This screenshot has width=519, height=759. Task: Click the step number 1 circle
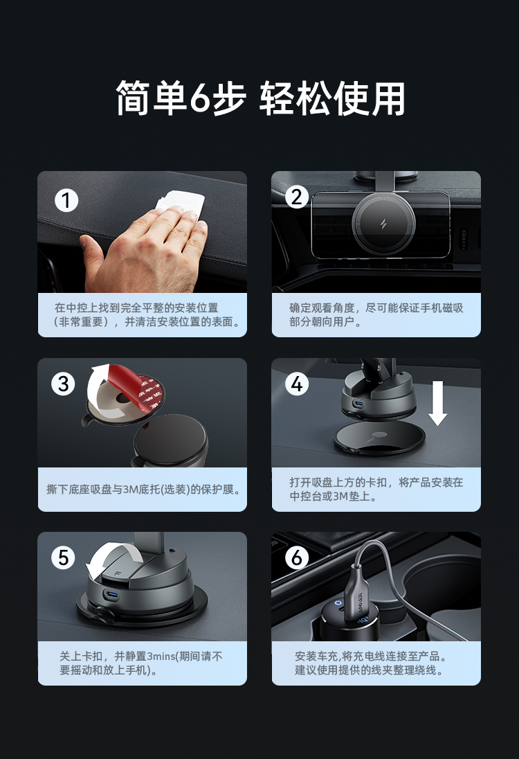[x=66, y=200]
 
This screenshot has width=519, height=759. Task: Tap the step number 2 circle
[x=296, y=197]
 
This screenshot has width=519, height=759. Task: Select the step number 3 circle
[x=64, y=384]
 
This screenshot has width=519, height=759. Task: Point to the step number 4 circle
[x=296, y=384]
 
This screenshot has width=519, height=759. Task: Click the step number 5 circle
[x=64, y=557]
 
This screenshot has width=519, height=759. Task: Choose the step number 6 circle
[x=296, y=557]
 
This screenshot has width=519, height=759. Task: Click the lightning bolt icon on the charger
[x=383, y=224]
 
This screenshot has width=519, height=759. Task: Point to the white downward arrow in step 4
[x=438, y=403]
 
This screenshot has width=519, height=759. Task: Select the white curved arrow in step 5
[x=109, y=557]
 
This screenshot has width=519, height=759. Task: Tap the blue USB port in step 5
[x=111, y=595]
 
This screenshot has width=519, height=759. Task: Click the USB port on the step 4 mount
[x=358, y=404]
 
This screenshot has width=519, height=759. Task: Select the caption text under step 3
[x=144, y=490]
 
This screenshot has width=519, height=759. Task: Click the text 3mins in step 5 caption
[x=161, y=657]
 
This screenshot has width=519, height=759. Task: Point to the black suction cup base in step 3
[x=170, y=441]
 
